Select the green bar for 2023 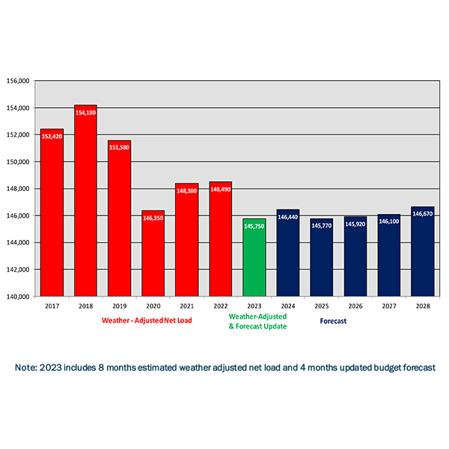point(254,257)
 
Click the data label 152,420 point(52,137)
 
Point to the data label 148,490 point(220,189)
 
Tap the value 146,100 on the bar point(388,222)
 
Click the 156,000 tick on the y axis point(17,81)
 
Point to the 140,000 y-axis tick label point(17,296)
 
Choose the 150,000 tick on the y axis point(17,162)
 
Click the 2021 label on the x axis point(186,306)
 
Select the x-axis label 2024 point(287,306)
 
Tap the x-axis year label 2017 point(52,306)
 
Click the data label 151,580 point(119,148)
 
